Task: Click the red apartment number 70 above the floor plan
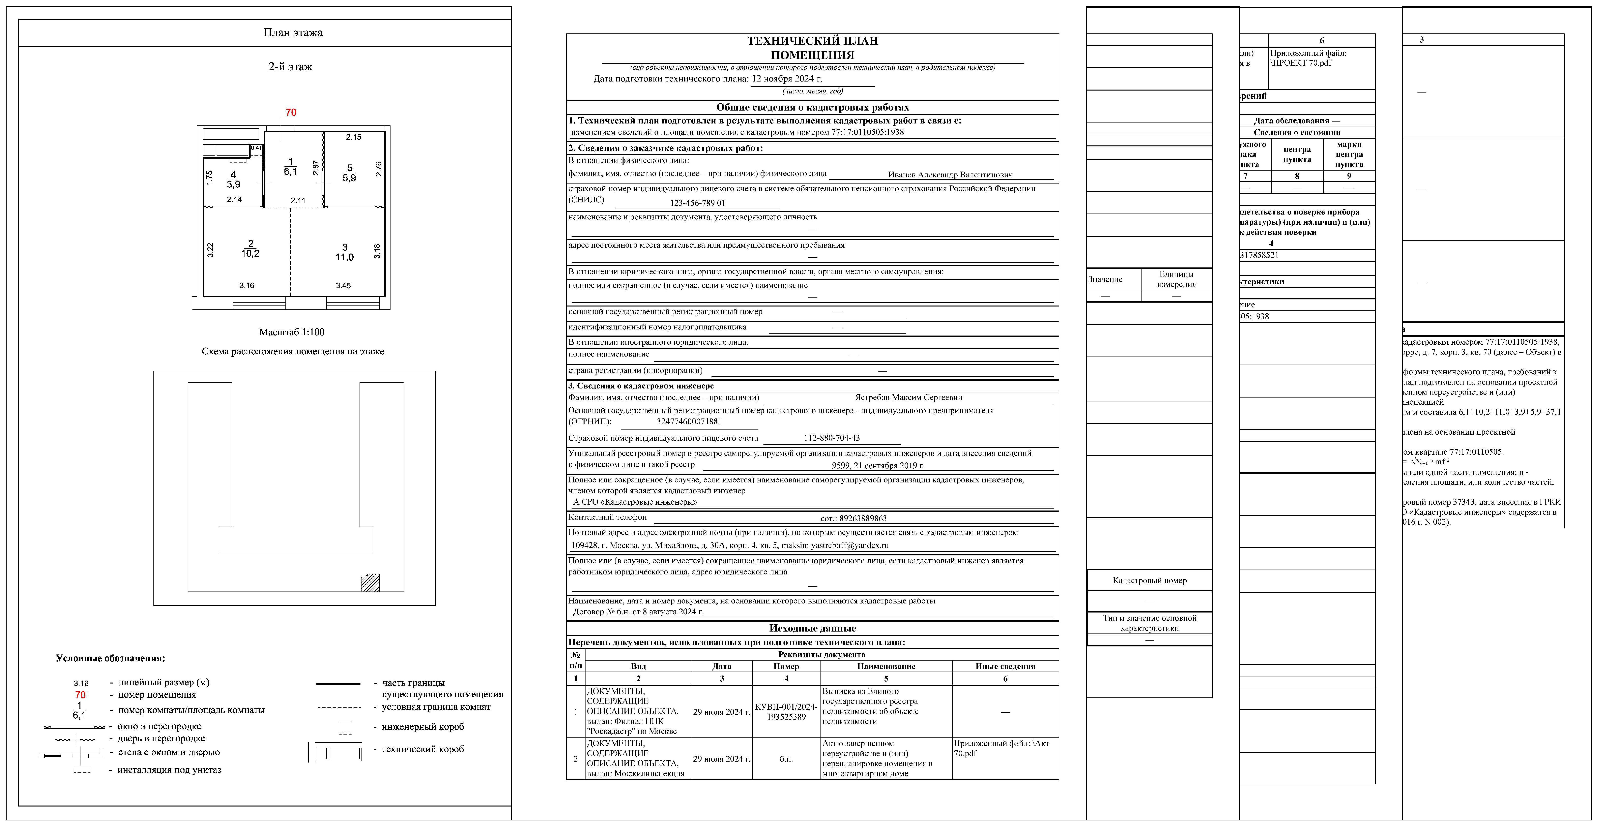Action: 291,112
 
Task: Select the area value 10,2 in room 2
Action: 250,254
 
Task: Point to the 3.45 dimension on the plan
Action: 343,286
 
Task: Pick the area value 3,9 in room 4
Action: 233,185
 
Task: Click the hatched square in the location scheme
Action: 370,583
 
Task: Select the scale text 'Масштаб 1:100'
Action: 292,332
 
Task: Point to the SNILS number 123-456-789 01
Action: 697,203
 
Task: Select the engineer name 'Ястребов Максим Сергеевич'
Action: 908,397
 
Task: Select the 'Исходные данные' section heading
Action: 812,628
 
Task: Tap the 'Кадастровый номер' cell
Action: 1149,581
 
